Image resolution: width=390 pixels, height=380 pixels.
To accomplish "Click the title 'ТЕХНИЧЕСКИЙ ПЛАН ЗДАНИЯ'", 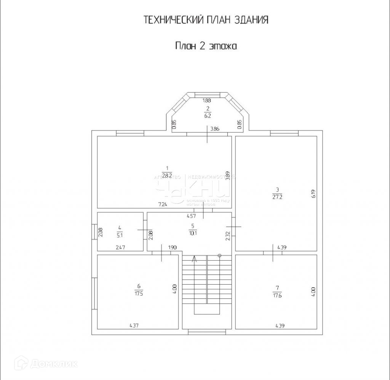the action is (x=206, y=20).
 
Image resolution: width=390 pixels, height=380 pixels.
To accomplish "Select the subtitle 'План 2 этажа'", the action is (x=206, y=46).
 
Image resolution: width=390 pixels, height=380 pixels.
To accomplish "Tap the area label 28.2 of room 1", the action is (x=166, y=176).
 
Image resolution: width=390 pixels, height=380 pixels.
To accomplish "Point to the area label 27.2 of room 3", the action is (x=277, y=197).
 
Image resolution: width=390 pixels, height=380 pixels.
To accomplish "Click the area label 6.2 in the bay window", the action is (x=208, y=115).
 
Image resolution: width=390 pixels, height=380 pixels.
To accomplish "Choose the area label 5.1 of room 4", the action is (x=120, y=235).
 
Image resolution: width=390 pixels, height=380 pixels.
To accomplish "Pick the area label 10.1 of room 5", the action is (x=193, y=233).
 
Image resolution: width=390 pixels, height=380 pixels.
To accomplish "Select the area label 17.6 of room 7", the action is (x=277, y=295).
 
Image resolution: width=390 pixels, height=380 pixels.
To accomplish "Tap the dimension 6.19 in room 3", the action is (x=313, y=194).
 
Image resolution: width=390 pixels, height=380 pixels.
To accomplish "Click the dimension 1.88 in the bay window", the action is (x=207, y=101).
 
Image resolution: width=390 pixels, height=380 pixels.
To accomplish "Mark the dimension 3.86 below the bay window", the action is (x=215, y=129).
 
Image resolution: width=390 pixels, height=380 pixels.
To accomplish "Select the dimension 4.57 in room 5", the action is (x=191, y=216).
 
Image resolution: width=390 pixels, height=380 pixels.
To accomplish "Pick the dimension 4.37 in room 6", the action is (x=134, y=325).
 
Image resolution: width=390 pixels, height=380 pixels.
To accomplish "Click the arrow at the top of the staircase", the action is (x=195, y=260).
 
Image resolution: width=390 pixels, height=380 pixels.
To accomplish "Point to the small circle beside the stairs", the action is (x=219, y=255).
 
